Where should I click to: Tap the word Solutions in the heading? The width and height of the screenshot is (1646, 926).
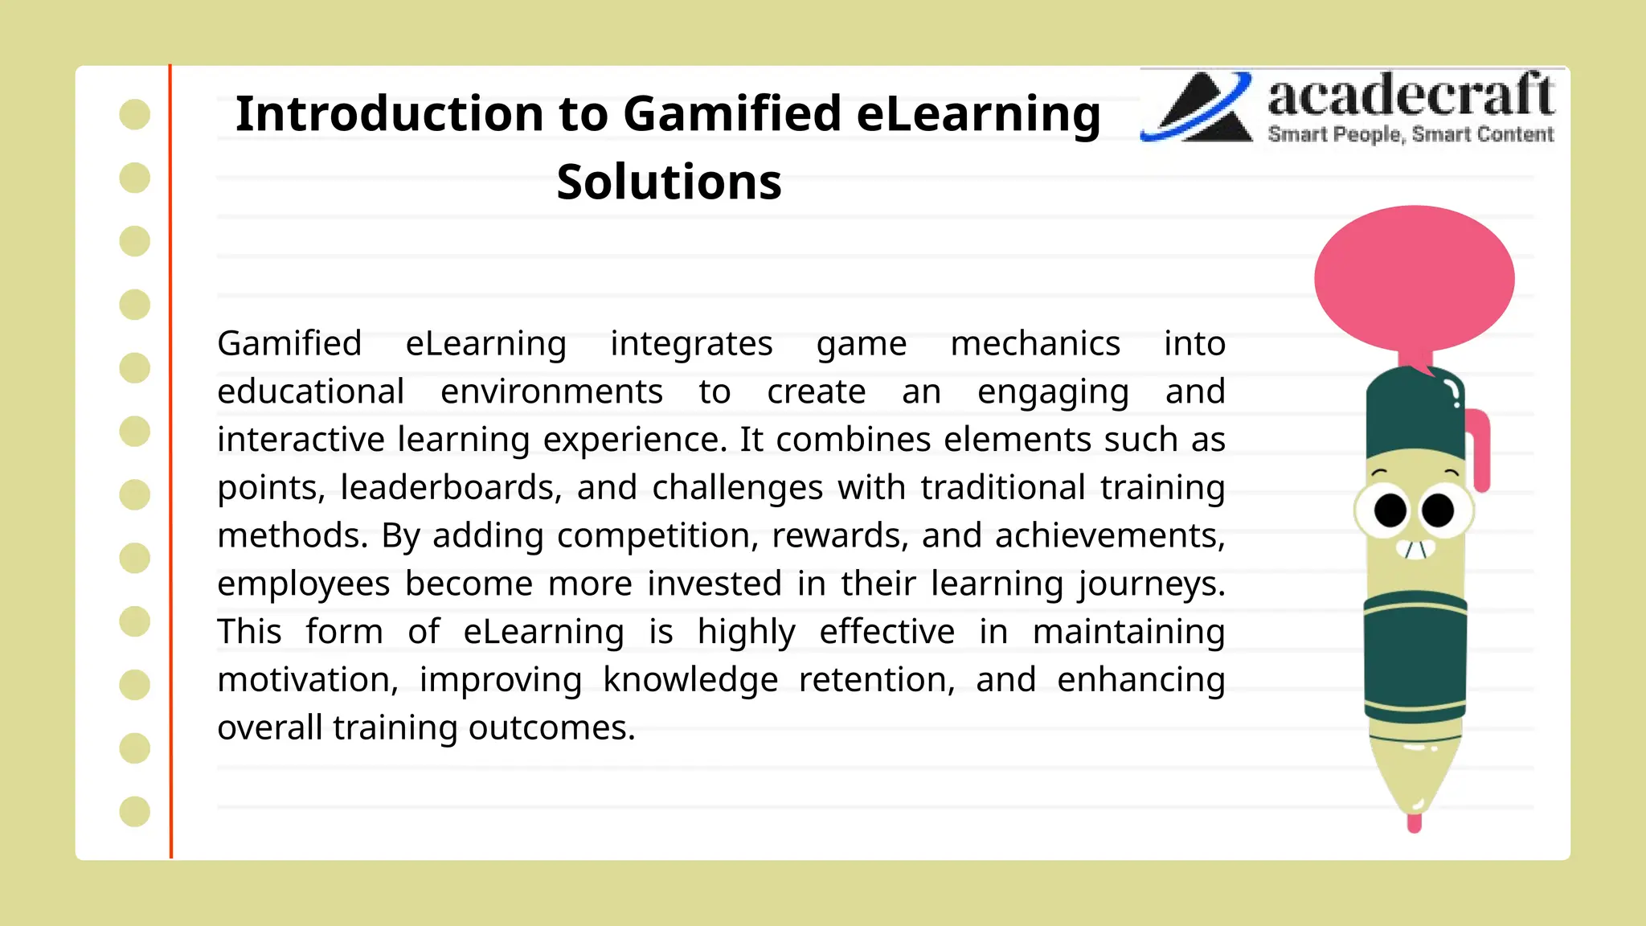pos(669,182)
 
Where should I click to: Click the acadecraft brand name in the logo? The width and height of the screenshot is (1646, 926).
pos(1410,96)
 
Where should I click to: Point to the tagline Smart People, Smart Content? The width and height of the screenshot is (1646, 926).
pos(1411,134)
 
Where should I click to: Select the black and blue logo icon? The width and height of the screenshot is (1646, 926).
pos(1197,107)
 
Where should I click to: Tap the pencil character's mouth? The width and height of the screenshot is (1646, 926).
pos(1415,550)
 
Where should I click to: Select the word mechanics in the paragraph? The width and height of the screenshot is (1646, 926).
pos(1034,344)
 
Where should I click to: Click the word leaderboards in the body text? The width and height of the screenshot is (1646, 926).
pos(451,488)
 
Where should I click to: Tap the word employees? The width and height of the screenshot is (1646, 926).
pos(304,584)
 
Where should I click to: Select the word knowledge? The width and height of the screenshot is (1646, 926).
pos(690,680)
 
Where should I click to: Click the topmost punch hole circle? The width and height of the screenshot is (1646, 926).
pos(135,114)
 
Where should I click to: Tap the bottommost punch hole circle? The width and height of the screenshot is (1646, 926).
pos(135,811)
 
